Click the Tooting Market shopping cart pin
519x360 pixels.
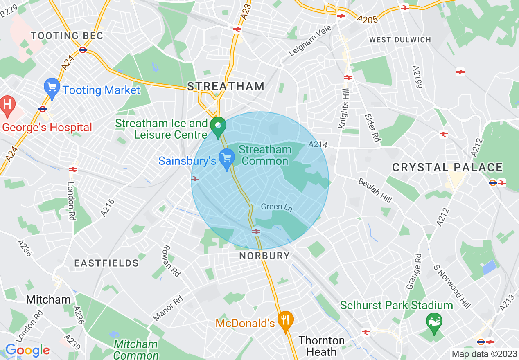(52, 88)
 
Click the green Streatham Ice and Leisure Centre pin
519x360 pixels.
(218, 127)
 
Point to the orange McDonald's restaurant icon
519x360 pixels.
(285, 320)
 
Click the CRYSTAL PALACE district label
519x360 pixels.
(447, 167)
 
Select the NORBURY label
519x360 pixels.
(264, 256)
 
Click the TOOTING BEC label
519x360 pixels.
(67, 36)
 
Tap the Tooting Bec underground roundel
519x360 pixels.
(83, 50)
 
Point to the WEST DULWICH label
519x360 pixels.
(400, 40)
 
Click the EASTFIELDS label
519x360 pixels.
(106, 263)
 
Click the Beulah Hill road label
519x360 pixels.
(375, 191)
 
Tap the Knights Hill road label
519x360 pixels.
(343, 111)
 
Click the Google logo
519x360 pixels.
(27, 350)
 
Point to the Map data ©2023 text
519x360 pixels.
(483, 354)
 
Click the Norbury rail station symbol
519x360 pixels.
(256, 232)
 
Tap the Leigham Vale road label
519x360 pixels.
(310, 45)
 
